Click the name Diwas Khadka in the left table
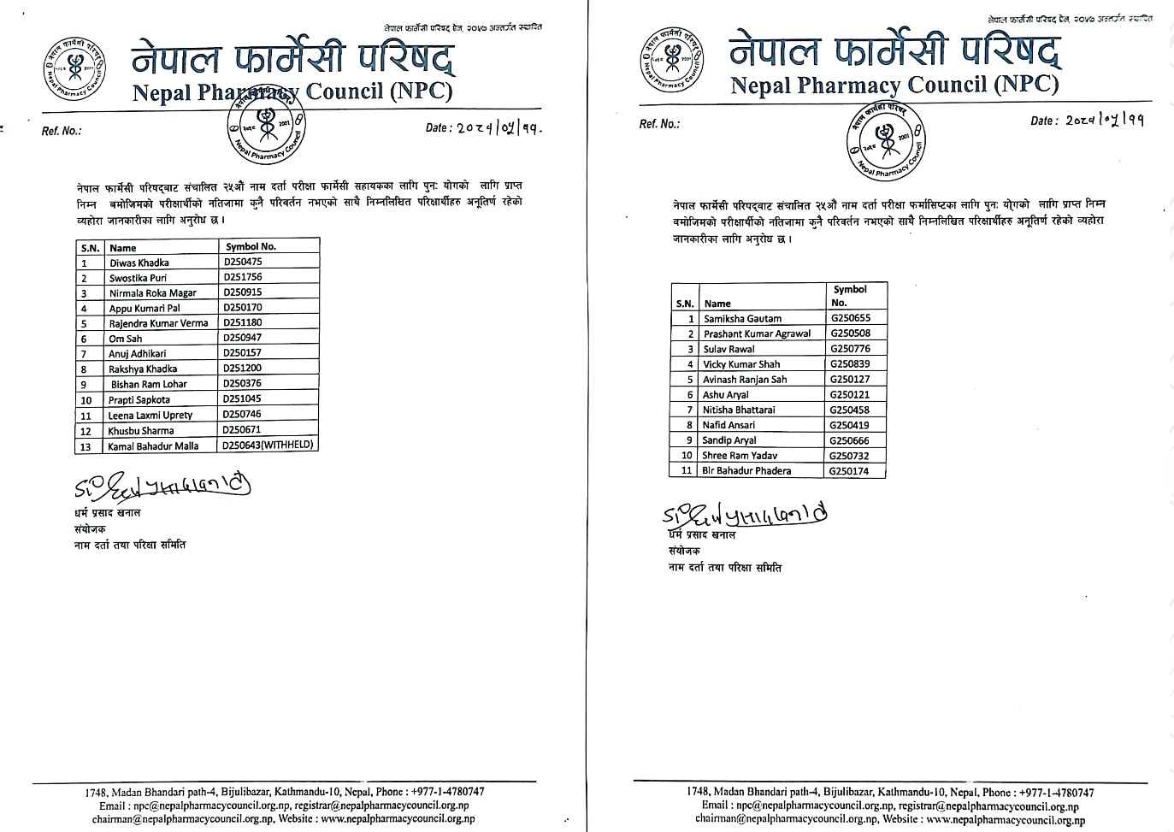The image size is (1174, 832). click(139, 263)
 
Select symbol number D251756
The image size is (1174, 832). click(243, 277)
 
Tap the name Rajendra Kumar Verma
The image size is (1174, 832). click(158, 323)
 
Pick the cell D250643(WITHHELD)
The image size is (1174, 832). click(268, 445)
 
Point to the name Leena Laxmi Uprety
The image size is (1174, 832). click(150, 415)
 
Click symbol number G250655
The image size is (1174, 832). click(850, 318)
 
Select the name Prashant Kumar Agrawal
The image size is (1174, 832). click(757, 333)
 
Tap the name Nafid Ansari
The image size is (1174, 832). click(729, 425)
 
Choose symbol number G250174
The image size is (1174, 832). click(849, 470)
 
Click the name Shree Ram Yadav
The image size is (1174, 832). click(740, 456)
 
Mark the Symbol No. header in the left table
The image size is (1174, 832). click(251, 246)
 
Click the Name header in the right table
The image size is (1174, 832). click(717, 304)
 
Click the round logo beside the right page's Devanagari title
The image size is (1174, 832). click(672, 58)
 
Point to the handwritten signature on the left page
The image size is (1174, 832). click(162, 487)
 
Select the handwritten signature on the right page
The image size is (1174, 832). click(744, 516)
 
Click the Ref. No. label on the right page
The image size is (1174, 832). click(659, 124)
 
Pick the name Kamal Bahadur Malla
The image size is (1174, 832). click(153, 446)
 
